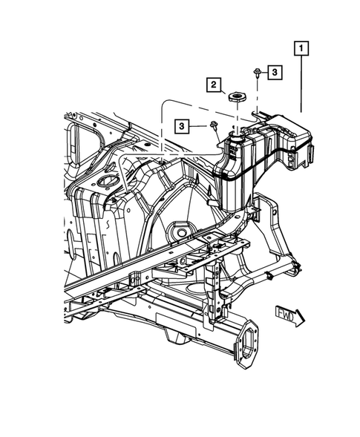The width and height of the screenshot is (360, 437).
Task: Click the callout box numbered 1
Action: pos(301,48)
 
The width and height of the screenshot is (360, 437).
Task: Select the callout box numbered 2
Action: pos(214,85)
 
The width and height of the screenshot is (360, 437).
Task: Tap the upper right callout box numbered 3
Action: pos(275,73)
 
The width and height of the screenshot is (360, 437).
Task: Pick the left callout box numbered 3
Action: pos(182,126)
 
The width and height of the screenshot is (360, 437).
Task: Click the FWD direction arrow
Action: pos(289,317)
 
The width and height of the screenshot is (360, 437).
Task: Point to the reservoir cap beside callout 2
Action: pos(237,98)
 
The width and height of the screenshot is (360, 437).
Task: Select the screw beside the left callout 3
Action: pos(215,125)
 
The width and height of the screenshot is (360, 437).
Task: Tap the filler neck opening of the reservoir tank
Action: pos(236,135)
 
